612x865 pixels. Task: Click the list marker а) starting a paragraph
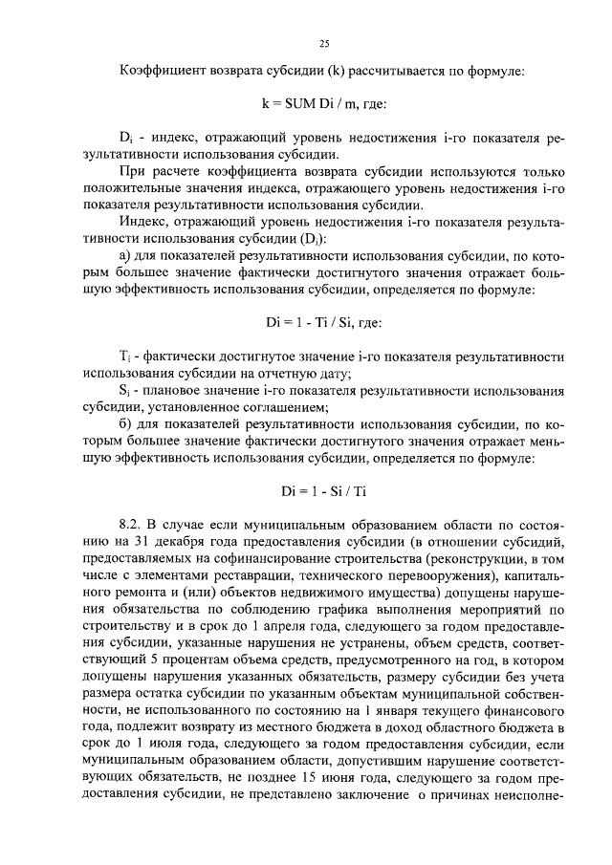tap(125, 253)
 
